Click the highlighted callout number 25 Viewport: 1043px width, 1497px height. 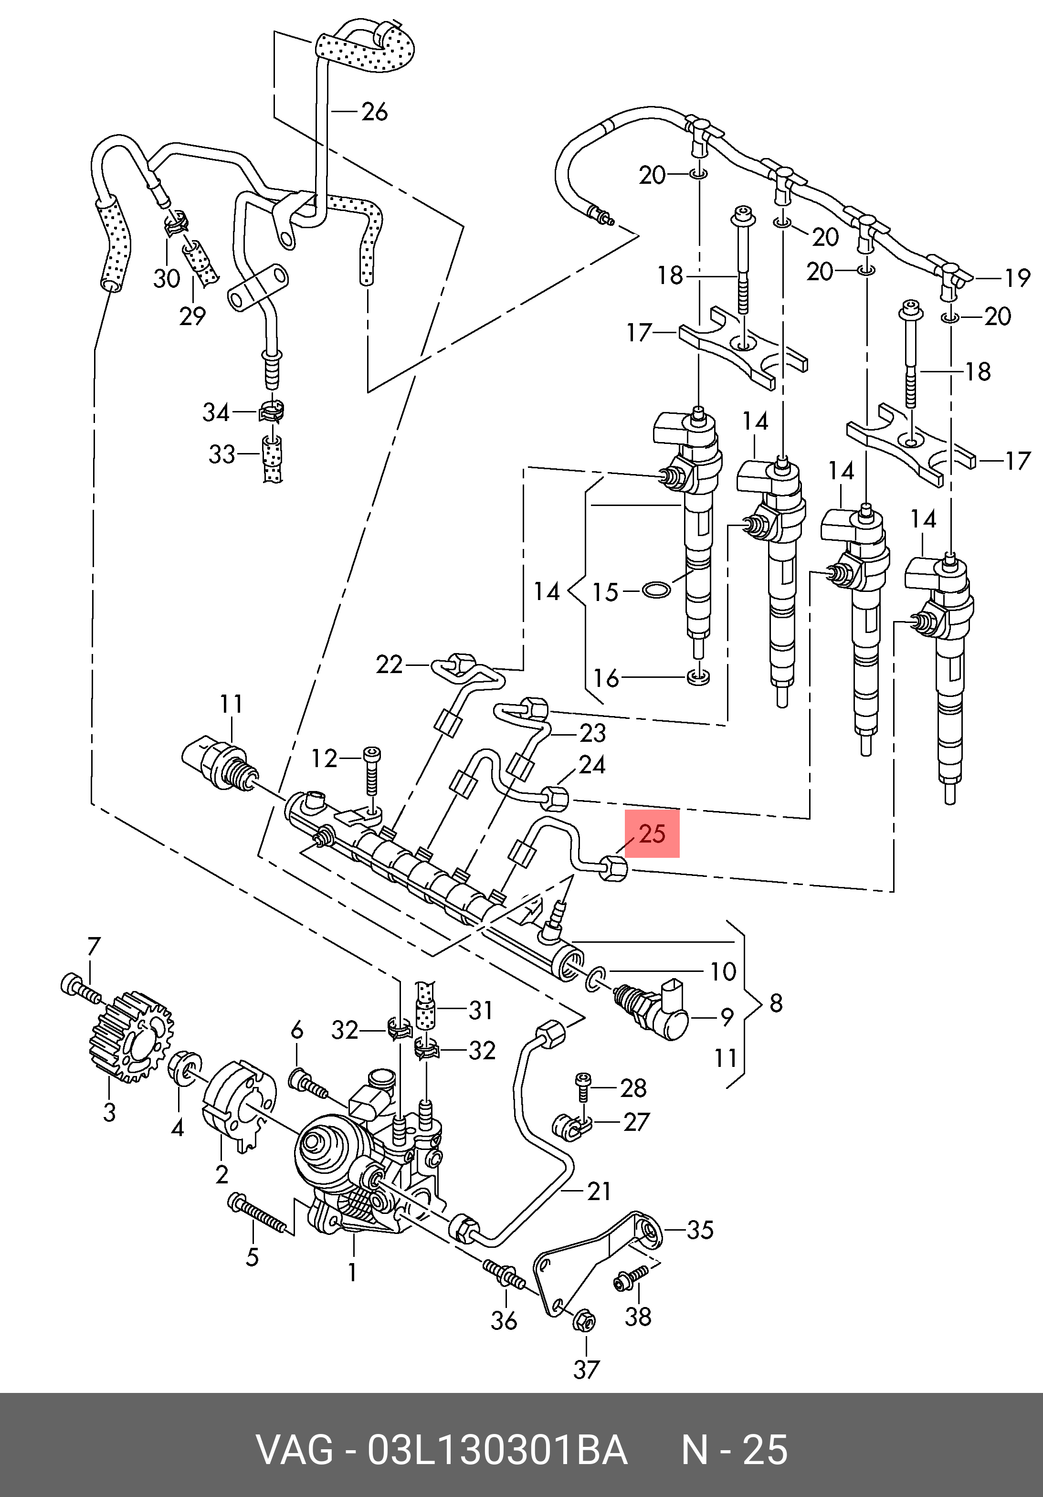click(652, 833)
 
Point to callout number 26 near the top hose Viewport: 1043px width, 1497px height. click(374, 112)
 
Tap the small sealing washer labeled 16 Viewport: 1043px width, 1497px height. click(699, 677)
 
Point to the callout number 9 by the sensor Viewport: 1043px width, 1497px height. click(727, 1018)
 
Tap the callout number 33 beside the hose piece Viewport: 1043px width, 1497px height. click(221, 454)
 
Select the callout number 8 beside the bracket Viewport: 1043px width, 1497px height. click(776, 1003)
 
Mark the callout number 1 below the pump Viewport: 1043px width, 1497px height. click(352, 1272)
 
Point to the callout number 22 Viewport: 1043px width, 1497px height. click(389, 664)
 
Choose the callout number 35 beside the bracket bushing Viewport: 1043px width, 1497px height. click(700, 1230)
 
